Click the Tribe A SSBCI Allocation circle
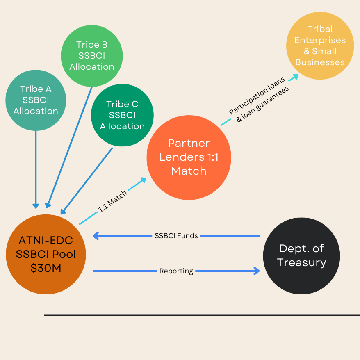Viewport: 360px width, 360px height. coord(36,100)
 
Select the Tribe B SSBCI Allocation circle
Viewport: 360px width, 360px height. coord(92,56)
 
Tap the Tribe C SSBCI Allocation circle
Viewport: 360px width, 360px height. coord(122,115)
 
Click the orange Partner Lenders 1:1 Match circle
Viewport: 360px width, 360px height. coord(189,157)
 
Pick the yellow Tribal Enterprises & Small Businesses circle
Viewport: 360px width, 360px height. coord(320,45)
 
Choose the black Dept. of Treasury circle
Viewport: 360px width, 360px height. coord(301,255)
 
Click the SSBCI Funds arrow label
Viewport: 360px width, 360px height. coord(176,236)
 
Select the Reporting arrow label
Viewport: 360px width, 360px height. coord(176,271)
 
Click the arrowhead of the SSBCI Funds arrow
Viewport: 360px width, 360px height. coord(96,236)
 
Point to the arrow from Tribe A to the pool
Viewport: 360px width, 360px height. coord(36,168)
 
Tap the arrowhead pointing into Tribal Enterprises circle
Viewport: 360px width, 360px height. coord(296,77)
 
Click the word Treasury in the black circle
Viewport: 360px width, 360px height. coord(301,262)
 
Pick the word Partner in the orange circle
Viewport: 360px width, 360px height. coord(189,143)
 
